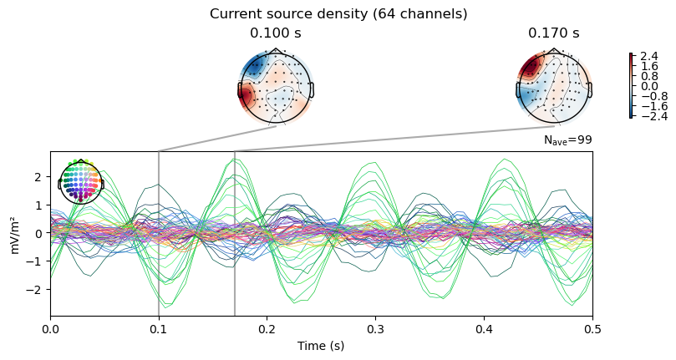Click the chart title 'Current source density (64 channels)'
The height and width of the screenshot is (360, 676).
pos(338,14)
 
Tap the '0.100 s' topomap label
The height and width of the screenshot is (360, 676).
pos(276,33)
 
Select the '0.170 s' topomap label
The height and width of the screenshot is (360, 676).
pos(554,33)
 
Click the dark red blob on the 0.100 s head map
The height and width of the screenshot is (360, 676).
pos(247,95)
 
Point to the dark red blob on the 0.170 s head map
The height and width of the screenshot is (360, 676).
pos(530,68)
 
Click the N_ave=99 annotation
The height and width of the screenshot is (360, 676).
pos(567,139)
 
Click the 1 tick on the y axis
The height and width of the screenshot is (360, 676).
pos(41,205)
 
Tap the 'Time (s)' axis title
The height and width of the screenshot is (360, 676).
pos(321,346)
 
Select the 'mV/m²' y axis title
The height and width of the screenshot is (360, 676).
pos(15,234)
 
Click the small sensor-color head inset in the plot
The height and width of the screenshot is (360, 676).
pos(80,181)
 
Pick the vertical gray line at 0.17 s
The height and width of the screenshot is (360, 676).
pos(235,233)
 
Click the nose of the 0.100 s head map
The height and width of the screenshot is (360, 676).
pos(276,51)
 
